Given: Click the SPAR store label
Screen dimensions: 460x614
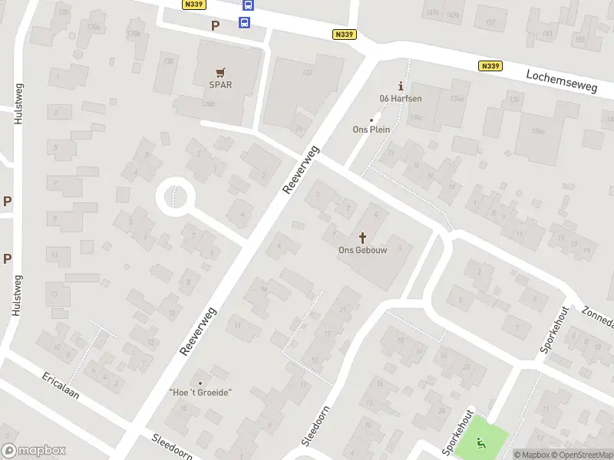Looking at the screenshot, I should (x=221, y=85).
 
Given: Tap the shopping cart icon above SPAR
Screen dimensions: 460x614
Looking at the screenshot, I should (x=221, y=73).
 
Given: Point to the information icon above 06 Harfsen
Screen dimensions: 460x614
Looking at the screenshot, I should (x=398, y=86).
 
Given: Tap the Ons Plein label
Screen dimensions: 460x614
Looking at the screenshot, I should (x=371, y=130).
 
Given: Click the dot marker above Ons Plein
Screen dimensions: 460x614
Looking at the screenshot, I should (x=372, y=120).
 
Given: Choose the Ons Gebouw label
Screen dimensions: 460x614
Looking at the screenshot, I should (x=363, y=249).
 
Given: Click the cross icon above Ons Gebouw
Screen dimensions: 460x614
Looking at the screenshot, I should (x=363, y=237).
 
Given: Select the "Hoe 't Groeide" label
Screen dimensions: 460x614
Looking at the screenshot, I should (x=200, y=393).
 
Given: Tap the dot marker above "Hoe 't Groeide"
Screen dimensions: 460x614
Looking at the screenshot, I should (x=200, y=383).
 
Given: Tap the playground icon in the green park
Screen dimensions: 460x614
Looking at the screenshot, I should (x=481, y=442).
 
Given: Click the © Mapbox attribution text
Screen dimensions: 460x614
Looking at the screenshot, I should (x=532, y=455).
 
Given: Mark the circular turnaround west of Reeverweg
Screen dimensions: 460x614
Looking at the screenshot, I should (x=176, y=198).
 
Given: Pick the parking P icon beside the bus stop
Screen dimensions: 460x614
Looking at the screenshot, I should (x=216, y=25).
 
